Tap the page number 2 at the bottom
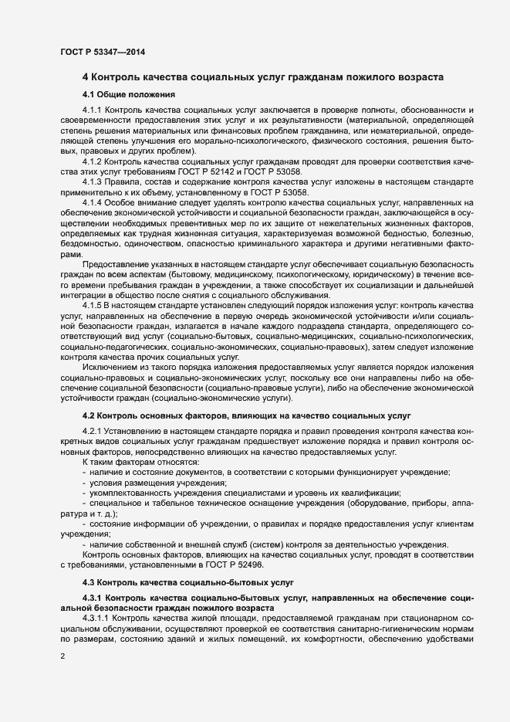click(x=62, y=656)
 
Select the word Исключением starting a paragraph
click(x=110, y=368)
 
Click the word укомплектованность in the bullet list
click(x=129, y=493)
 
